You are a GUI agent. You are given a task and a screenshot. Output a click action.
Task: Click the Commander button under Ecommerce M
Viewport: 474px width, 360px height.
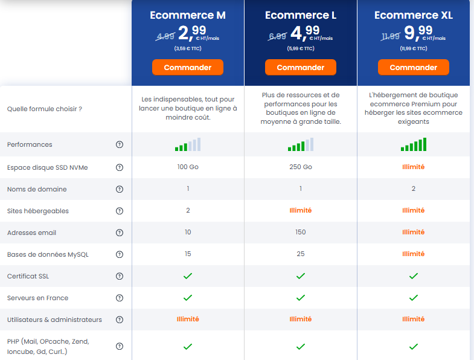pos(187,67)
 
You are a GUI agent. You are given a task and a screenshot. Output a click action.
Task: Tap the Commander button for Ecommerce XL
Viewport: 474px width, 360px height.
pos(413,67)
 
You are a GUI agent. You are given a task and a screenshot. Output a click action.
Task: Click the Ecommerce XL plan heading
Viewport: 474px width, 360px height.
pos(413,15)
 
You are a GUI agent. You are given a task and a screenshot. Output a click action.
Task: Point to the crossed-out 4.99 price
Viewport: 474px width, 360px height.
pos(165,36)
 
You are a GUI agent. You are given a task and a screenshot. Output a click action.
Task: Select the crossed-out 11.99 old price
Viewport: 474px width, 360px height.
pos(391,36)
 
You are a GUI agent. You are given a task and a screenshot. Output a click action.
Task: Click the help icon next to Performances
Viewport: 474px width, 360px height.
pos(119,144)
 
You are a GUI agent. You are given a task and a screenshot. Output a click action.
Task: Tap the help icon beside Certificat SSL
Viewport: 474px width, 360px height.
pos(119,276)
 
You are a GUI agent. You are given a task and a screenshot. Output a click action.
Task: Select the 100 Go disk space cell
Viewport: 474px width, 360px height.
pos(188,167)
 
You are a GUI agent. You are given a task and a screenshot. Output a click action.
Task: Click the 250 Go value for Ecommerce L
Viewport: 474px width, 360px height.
pos(301,167)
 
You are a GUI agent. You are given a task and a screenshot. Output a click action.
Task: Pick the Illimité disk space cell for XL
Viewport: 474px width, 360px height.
pos(413,167)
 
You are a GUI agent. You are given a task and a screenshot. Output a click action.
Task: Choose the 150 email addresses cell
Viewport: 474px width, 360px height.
pos(301,233)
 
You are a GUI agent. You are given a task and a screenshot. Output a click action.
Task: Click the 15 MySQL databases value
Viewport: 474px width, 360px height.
pos(188,254)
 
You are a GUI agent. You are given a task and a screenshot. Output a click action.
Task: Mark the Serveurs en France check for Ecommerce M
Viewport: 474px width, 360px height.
pos(188,298)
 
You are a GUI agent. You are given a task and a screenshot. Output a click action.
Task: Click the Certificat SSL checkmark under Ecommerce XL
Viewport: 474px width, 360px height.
pos(413,276)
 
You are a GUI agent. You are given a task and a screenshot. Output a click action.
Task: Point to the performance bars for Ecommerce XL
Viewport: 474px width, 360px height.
pos(413,145)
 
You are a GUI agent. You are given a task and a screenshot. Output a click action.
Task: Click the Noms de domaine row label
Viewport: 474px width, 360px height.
pos(37,189)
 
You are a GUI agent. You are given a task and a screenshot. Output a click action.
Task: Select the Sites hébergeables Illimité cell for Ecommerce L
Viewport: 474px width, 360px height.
pos(301,211)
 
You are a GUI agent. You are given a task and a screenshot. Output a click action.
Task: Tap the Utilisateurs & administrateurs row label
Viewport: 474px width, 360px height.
pos(54,320)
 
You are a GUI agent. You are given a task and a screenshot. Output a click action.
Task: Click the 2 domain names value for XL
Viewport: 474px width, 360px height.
pos(413,189)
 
